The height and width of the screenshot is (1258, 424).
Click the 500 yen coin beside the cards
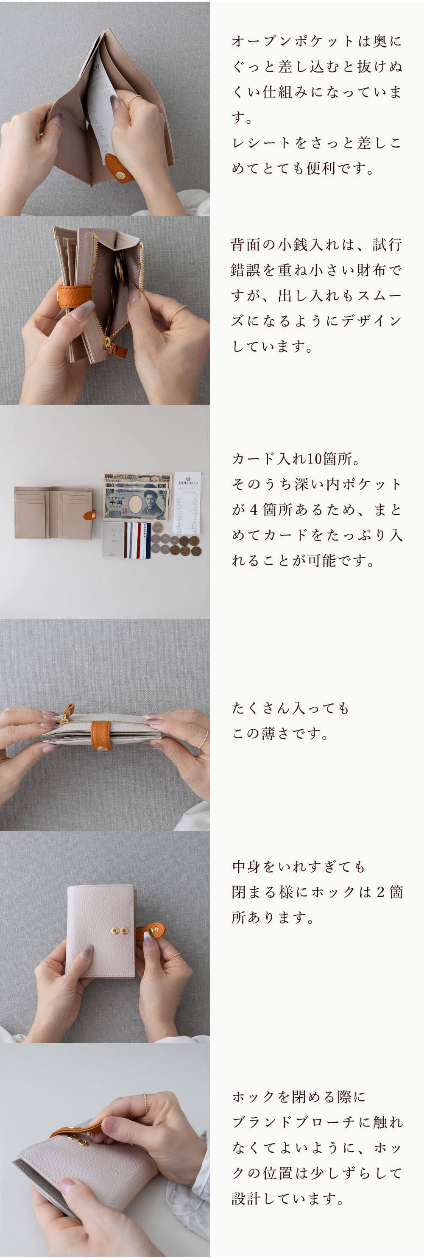click(x=157, y=527)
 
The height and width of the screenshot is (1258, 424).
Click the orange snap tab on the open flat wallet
click(x=89, y=514)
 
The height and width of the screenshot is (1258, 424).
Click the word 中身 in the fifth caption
click(x=247, y=866)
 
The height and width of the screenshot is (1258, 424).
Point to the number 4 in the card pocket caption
click(x=254, y=509)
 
